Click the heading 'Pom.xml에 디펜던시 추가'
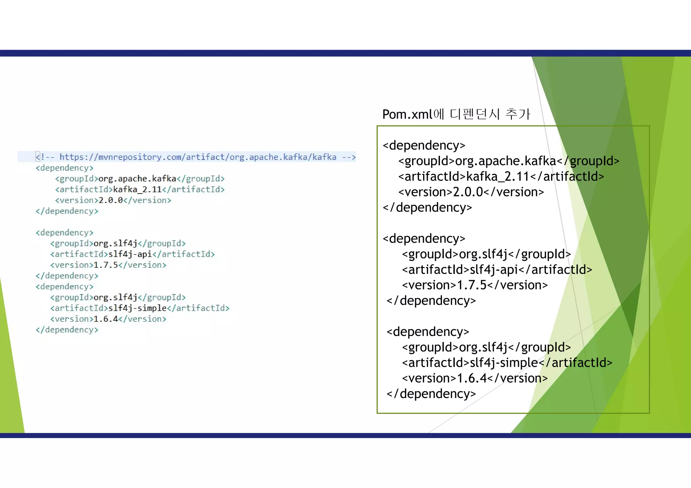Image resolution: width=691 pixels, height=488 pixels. [x=456, y=114]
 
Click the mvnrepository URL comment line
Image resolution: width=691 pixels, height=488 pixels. [x=196, y=157]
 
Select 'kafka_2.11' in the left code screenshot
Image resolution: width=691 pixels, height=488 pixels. [x=137, y=189]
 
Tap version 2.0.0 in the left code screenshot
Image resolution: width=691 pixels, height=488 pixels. [x=111, y=200]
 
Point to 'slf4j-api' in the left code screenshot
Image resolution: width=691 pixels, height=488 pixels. [x=130, y=254]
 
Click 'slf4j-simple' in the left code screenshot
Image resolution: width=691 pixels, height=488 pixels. [x=137, y=308]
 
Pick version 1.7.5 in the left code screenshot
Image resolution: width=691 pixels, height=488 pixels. [x=106, y=265]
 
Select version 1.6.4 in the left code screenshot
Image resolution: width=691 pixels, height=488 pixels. [x=106, y=319]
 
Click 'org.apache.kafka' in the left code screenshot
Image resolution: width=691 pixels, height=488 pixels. [x=137, y=179]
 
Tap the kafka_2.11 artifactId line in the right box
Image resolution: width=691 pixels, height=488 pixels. [x=501, y=176]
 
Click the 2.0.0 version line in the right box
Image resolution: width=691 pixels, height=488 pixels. [x=471, y=192]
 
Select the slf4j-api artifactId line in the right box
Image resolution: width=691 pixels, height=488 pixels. [x=497, y=270]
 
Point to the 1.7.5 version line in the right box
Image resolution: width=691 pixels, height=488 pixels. [x=475, y=285]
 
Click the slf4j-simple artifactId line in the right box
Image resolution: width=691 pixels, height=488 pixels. [x=507, y=363]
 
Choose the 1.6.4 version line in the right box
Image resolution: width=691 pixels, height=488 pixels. [x=475, y=378]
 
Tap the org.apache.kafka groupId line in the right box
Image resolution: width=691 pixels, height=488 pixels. [x=509, y=161]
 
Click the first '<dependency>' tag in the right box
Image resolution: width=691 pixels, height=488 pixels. [x=424, y=145]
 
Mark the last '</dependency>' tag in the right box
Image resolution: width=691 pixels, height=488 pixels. [x=431, y=394]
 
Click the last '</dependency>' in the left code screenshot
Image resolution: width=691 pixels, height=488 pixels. [x=67, y=330]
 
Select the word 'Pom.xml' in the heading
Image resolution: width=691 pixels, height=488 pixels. [x=407, y=115]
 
